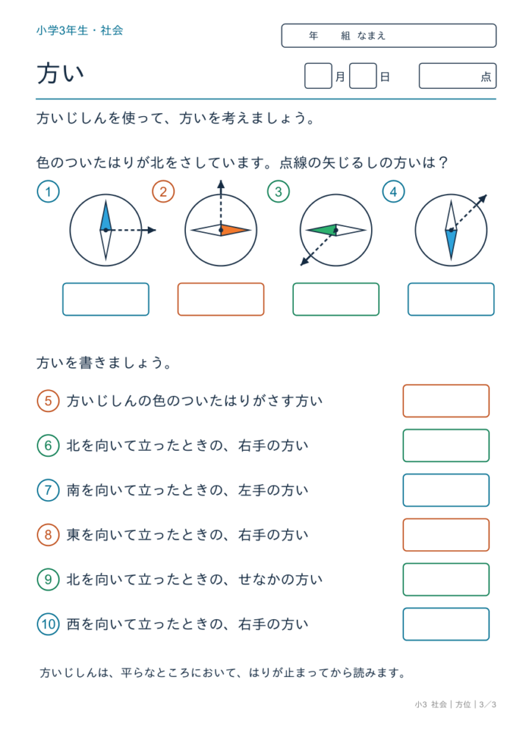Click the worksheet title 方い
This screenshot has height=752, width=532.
(x=60, y=74)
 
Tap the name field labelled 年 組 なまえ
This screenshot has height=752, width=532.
(x=389, y=35)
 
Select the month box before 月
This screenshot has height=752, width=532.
(x=318, y=76)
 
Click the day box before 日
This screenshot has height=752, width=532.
(x=363, y=76)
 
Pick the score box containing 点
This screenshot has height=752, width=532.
(x=458, y=76)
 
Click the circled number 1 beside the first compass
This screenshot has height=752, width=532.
(x=48, y=192)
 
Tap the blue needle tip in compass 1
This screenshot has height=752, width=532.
(x=106, y=201)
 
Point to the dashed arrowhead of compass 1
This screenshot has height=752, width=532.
(x=152, y=230)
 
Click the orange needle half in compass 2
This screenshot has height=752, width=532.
(x=235, y=230)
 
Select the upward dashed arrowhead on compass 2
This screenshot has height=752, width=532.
(x=220, y=184)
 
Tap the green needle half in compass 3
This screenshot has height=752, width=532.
(x=321, y=230)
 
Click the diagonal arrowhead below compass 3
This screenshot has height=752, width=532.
(x=303, y=262)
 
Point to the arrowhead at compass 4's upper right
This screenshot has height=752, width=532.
(x=483, y=198)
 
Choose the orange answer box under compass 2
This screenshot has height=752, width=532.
(x=220, y=300)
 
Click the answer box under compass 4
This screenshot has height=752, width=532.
(x=451, y=300)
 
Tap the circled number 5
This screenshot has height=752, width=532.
(x=48, y=400)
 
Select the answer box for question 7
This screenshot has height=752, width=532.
(x=446, y=490)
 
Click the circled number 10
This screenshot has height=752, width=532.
(x=48, y=624)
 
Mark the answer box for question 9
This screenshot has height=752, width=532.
(x=446, y=579)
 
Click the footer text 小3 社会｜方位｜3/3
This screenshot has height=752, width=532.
(x=456, y=704)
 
